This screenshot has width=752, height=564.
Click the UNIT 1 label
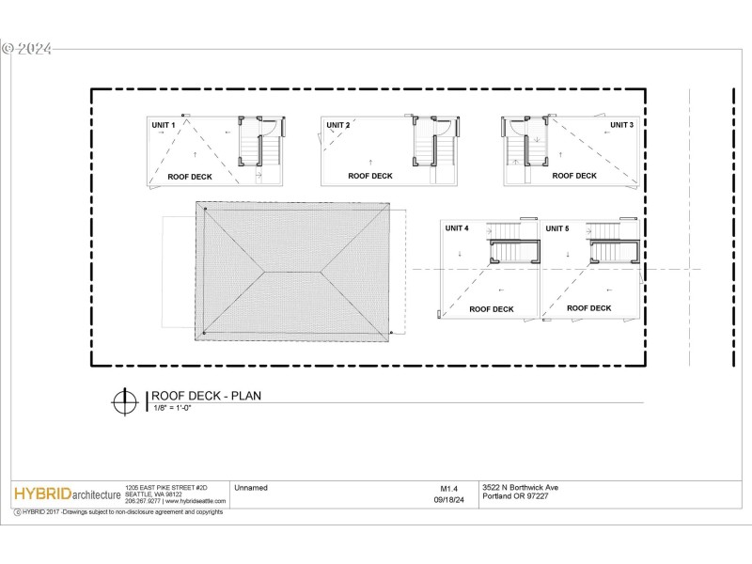164,125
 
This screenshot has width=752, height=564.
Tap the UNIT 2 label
337,125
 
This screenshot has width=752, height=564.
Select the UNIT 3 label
621,124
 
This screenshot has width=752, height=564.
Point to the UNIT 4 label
457,228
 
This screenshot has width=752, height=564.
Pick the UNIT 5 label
557,228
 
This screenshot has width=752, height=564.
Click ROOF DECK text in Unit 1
190,176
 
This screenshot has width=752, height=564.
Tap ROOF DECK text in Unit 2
370,176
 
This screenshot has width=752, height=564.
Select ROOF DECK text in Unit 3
574,176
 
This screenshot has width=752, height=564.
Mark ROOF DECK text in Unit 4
492,308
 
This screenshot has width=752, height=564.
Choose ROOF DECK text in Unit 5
589,307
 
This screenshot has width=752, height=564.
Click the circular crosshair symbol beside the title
122,400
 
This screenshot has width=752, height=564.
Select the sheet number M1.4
448,488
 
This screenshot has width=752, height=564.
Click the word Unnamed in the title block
250,488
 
